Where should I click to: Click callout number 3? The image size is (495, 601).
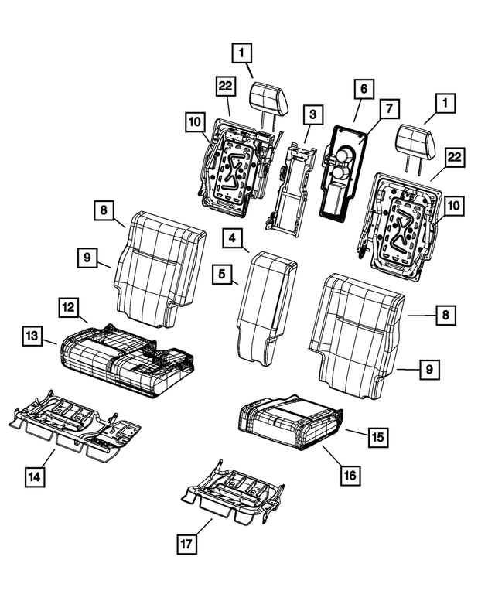tap(312, 115)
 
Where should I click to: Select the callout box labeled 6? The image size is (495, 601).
tap(361, 89)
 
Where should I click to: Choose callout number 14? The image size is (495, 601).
tap(33, 477)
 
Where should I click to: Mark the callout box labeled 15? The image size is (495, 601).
tap(377, 437)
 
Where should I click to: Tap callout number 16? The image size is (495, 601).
tap(350, 474)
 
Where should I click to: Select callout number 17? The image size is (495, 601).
tap(186, 545)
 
